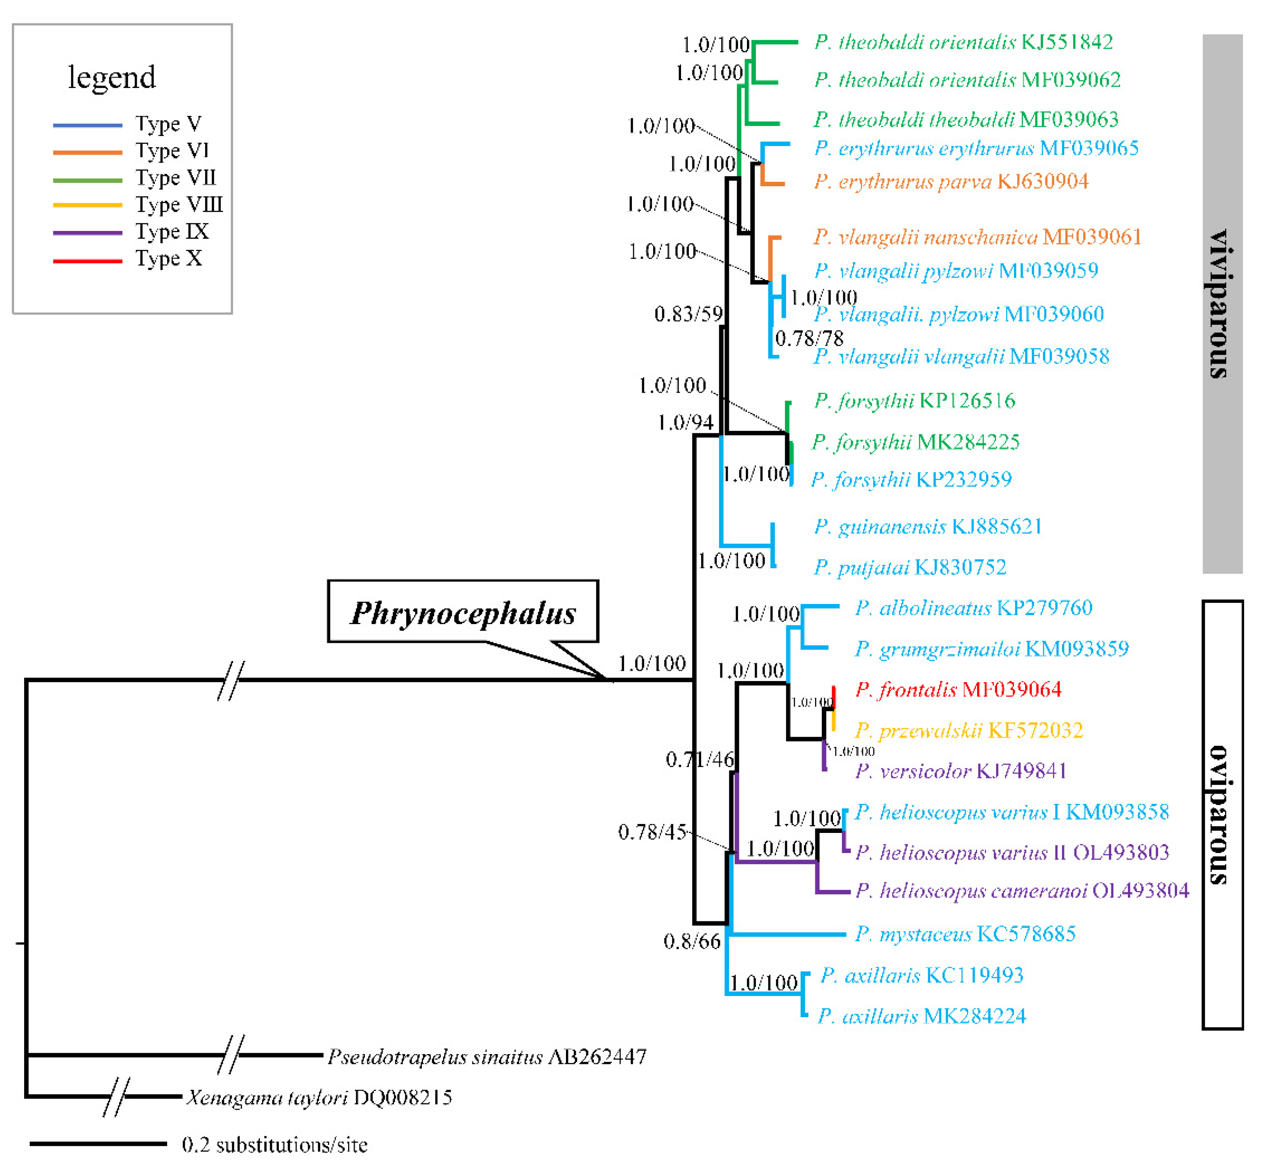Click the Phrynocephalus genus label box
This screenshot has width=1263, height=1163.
coord(462,612)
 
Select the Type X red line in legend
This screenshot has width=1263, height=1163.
coord(88,260)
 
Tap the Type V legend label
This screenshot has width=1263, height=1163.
coord(168,124)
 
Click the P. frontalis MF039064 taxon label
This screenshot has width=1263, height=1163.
coord(958,690)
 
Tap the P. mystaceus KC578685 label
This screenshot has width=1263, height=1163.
coord(965,934)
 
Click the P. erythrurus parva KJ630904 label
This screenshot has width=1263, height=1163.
coord(950,182)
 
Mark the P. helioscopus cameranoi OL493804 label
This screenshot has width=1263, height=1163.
coord(1021,891)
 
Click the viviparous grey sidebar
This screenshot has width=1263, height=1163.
coord(1222,304)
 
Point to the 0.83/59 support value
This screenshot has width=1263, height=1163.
coord(688,314)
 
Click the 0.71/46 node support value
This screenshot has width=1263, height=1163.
coord(699,760)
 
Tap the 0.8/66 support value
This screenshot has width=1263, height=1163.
coord(692,941)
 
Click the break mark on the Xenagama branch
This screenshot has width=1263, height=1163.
coord(117,1097)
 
